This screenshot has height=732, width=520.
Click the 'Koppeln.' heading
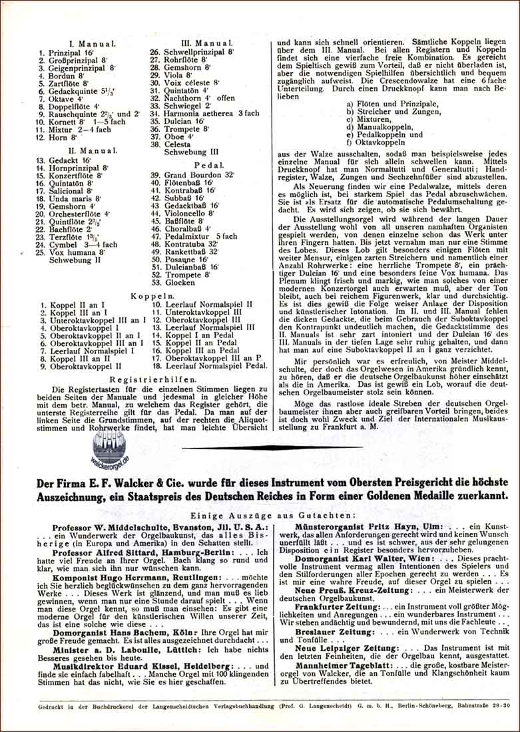point(152,294)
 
